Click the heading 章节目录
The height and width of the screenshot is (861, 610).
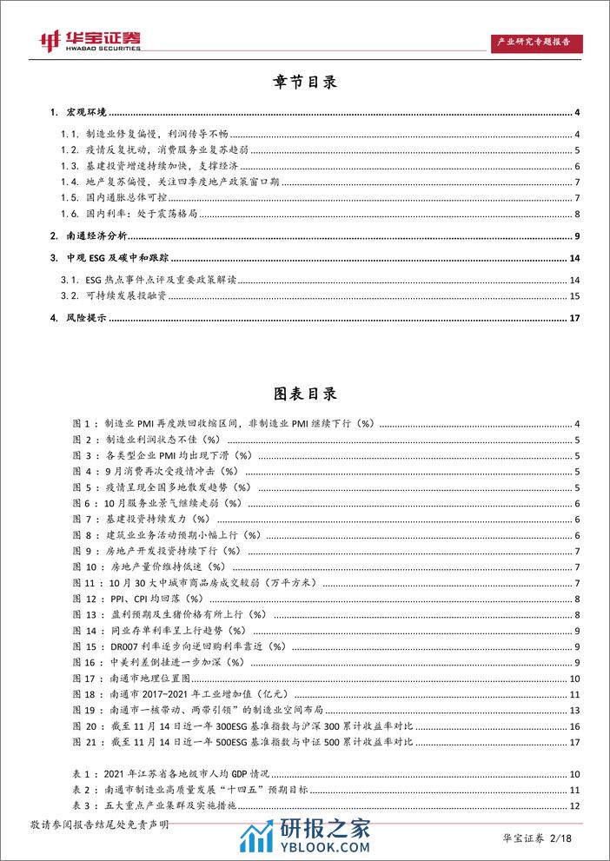click(305, 83)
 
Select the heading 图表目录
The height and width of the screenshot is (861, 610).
click(305, 394)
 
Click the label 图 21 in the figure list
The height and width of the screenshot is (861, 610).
click(88, 740)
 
